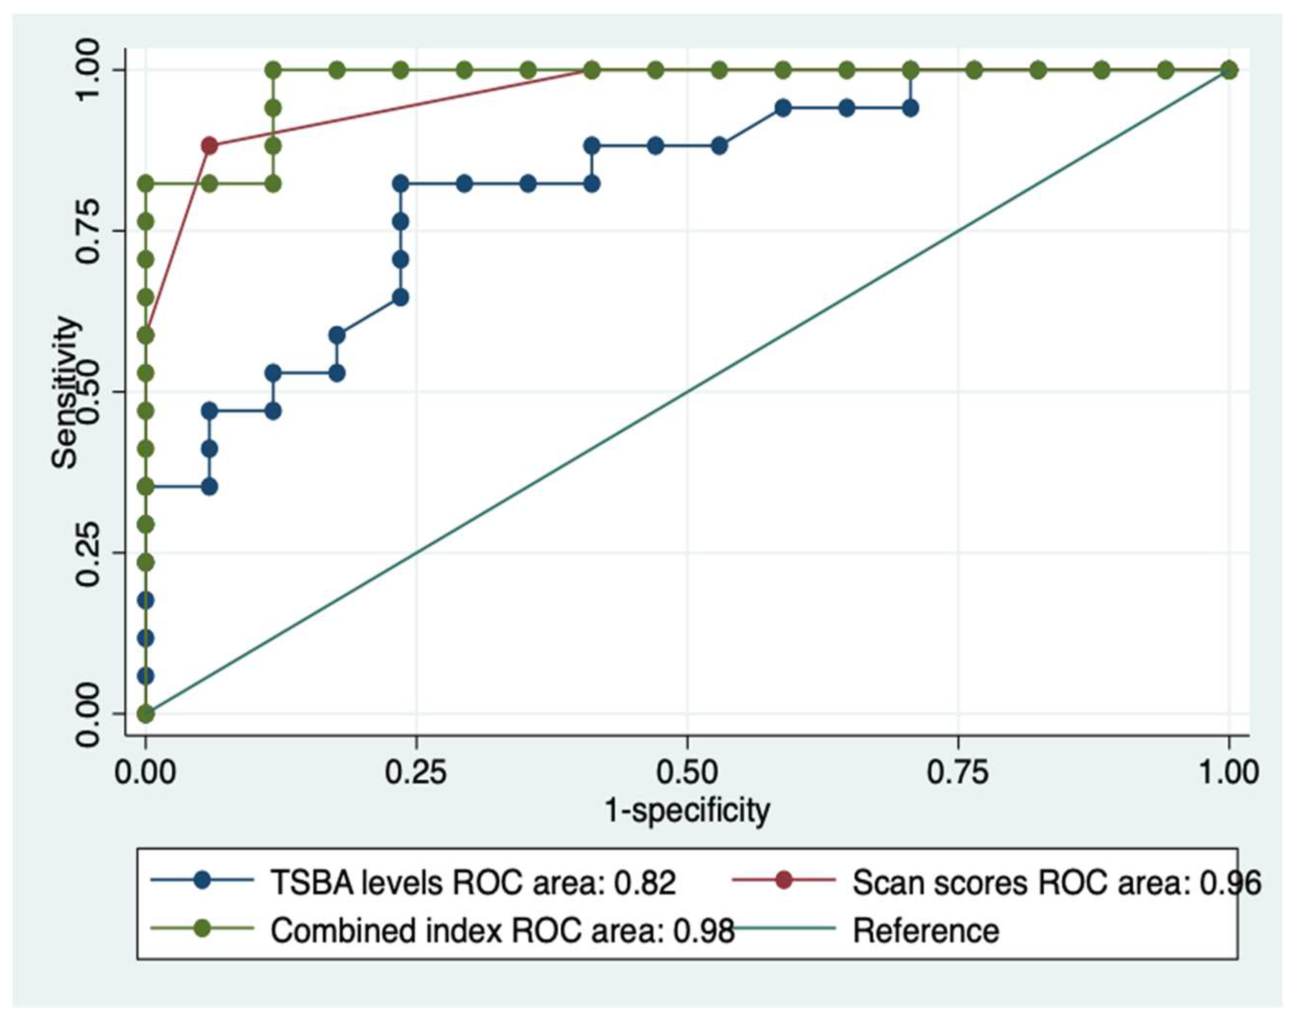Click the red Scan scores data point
point(210,146)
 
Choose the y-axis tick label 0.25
point(88,552)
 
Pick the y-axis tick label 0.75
point(88,231)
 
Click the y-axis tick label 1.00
point(88,70)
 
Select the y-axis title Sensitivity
point(65,393)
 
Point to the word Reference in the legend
point(926,931)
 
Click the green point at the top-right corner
point(1228,70)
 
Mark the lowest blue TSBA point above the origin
point(145,676)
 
